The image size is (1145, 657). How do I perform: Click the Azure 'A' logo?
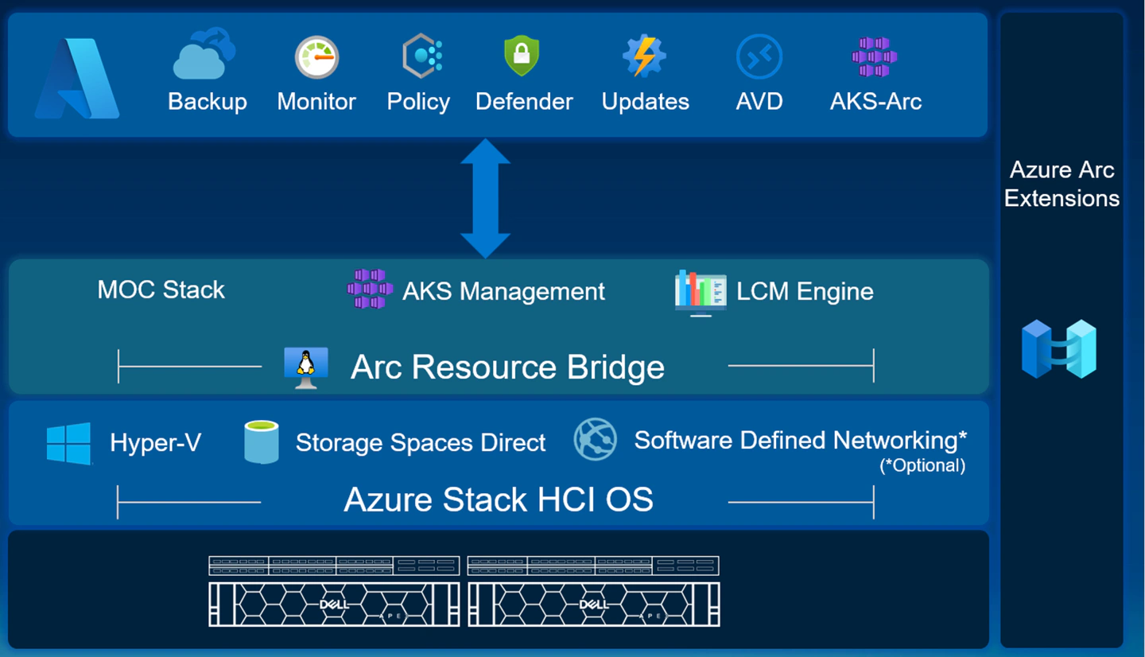77,78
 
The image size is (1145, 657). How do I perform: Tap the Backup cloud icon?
204,55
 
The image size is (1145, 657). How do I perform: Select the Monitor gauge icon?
316,57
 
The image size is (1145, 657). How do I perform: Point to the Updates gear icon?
643,56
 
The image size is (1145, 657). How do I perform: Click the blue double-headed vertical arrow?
485,198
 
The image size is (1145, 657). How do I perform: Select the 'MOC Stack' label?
161,290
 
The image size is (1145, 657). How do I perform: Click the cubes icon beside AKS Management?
370,290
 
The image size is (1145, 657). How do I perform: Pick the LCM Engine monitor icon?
700,292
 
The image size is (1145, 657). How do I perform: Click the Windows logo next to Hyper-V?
69,442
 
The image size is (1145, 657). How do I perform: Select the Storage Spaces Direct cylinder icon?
262,442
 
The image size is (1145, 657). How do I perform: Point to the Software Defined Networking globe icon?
596,440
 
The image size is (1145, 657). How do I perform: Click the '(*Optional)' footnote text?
922,466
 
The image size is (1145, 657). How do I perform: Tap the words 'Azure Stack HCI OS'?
498,500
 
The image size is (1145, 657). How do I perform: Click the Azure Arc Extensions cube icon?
1059,348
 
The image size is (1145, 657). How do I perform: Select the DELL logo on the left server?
335,605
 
